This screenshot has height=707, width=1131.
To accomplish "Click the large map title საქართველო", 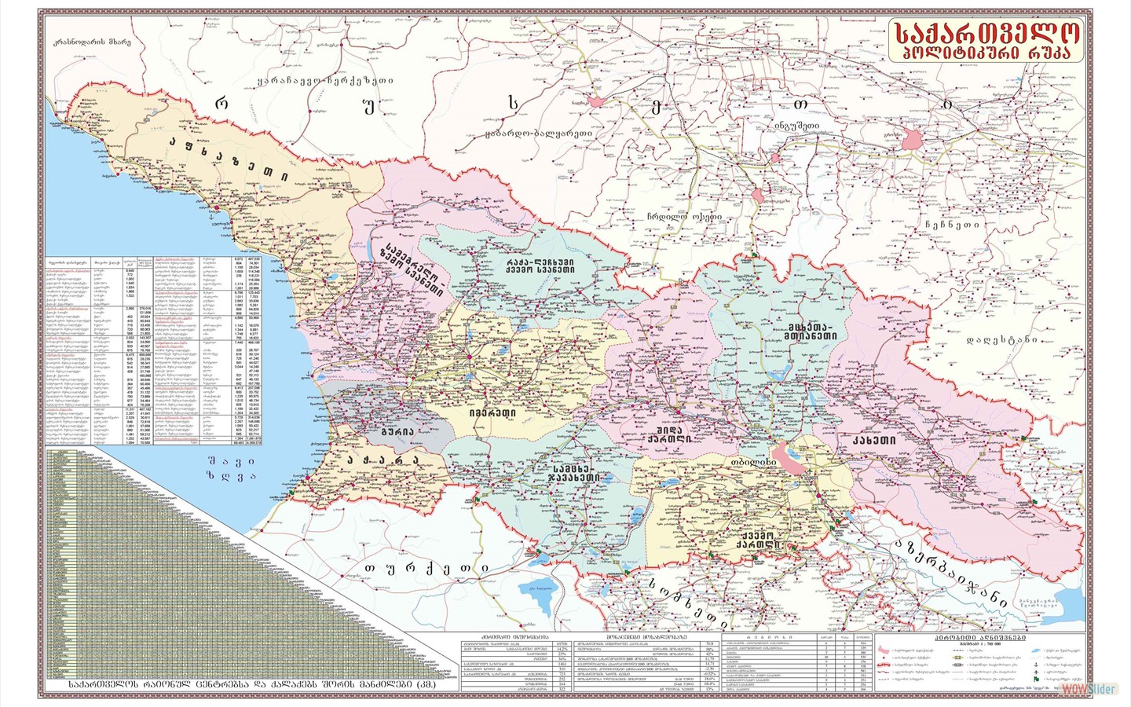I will (986, 32).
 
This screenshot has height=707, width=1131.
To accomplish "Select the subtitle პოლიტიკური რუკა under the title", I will (986, 53).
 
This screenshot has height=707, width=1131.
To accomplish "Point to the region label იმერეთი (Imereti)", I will (493, 412).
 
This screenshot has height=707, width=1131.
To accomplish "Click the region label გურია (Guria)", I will (397, 431).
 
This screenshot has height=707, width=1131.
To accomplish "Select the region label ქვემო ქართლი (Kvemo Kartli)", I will (757, 538).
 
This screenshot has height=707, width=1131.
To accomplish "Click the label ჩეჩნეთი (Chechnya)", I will (952, 224).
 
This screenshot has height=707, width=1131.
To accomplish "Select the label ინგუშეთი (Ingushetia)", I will (796, 125).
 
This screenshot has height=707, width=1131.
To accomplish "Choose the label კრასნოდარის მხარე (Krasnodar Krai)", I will (87, 42).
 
